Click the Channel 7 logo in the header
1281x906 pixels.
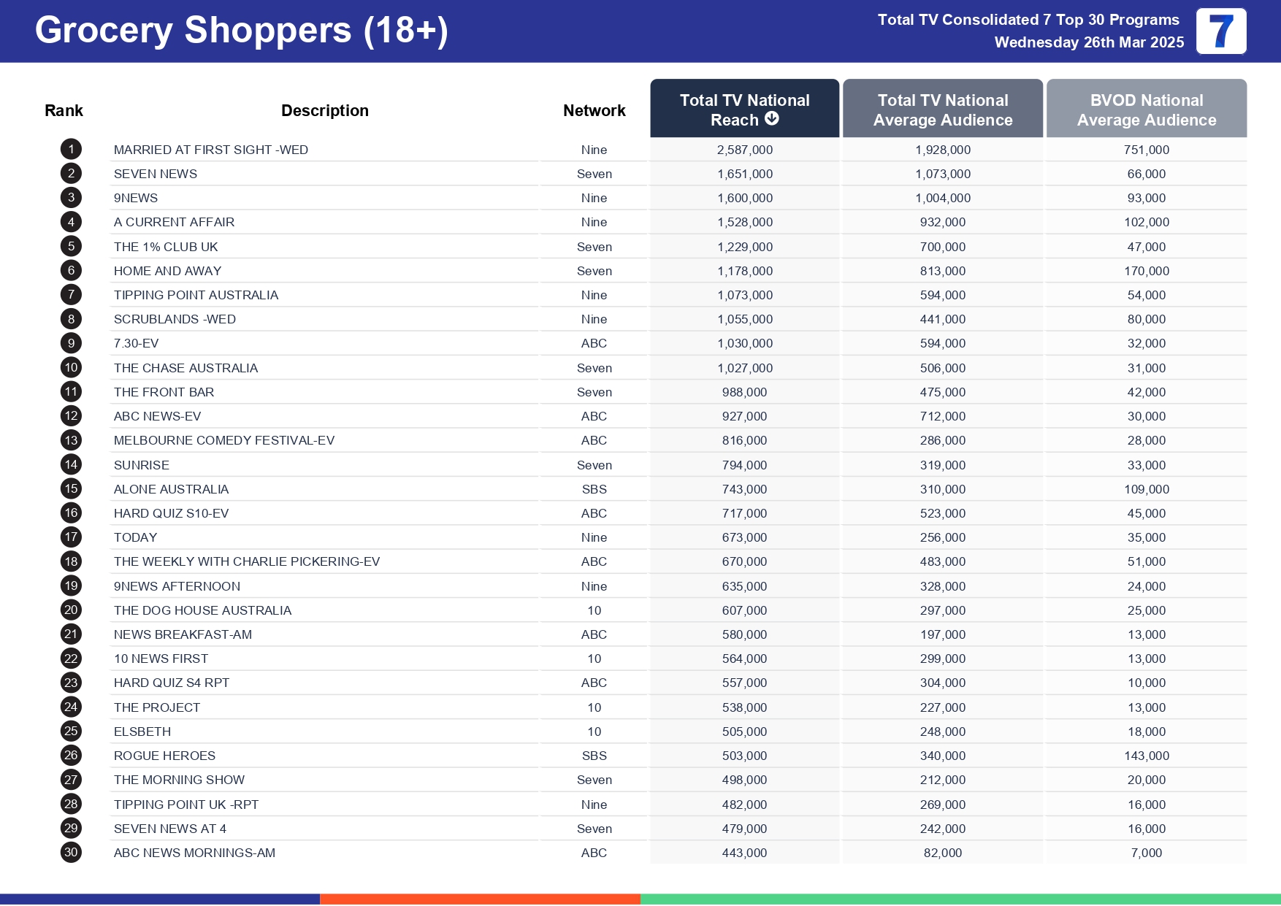coord(1220,31)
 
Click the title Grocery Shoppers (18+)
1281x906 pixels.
coord(241,31)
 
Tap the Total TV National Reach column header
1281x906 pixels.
coord(744,109)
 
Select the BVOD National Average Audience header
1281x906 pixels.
coord(1146,110)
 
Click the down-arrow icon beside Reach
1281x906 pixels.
coord(772,118)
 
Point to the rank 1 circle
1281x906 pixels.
coord(71,150)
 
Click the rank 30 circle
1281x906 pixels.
coord(71,852)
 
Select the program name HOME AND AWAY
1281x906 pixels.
coord(167,271)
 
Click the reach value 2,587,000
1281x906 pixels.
coord(744,150)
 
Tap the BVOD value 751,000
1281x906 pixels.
coord(1146,150)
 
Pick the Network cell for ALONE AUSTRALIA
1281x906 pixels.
coord(594,489)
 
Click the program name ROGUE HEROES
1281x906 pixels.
coord(164,756)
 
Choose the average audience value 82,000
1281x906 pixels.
coord(942,853)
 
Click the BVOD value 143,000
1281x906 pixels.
coord(1146,756)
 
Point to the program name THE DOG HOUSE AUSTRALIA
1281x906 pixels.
coord(202,610)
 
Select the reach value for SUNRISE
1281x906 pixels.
coord(744,465)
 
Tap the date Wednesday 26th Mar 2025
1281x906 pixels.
coord(1088,42)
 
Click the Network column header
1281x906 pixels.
coord(594,110)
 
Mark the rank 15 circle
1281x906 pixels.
coord(71,488)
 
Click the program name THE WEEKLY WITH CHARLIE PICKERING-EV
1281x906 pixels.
coord(246,561)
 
